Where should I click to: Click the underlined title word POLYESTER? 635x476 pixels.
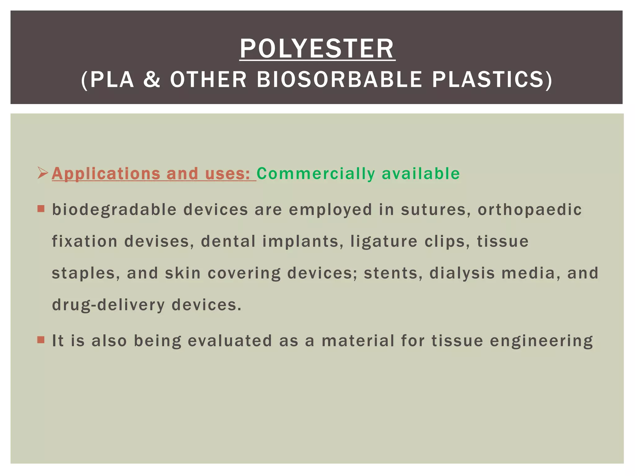(x=317, y=49)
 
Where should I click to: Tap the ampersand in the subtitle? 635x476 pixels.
(x=152, y=79)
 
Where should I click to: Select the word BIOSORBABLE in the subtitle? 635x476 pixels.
(x=340, y=79)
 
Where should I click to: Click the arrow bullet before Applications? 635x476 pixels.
(x=42, y=173)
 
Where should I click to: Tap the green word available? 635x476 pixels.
(x=421, y=174)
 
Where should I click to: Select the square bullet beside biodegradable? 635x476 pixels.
(x=41, y=209)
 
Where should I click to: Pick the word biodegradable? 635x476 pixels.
(x=114, y=210)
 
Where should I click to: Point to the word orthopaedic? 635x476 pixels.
(x=530, y=210)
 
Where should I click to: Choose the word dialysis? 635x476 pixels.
(x=462, y=273)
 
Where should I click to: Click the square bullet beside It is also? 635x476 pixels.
(x=41, y=340)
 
